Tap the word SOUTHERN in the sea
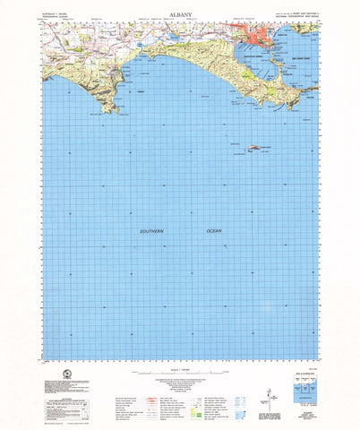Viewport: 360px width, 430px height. click(x=153, y=231)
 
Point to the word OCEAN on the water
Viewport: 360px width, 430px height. click(x=214, y=231)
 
